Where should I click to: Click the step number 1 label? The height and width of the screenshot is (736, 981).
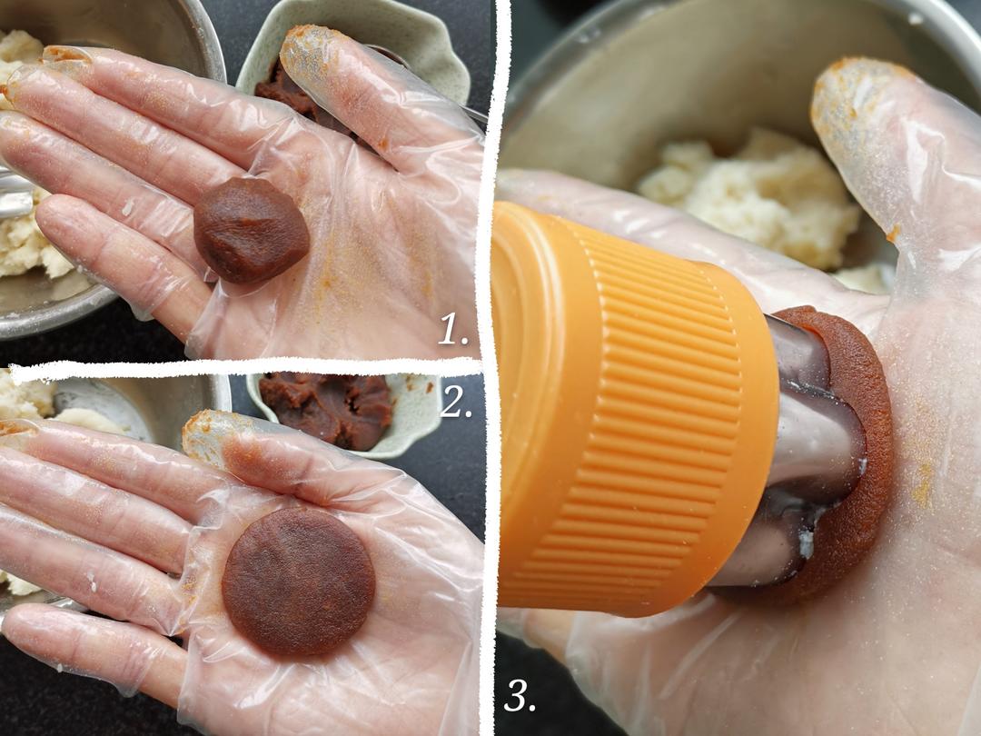(453, 329)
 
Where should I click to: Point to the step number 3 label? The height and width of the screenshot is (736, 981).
(520, 694)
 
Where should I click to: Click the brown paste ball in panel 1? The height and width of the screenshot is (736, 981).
(251, 229)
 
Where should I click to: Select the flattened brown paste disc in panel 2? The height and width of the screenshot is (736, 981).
(299, 581)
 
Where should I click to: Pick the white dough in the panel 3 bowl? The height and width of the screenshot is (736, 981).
(751, 194)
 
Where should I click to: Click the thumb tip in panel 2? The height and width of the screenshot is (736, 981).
(206, 432)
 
